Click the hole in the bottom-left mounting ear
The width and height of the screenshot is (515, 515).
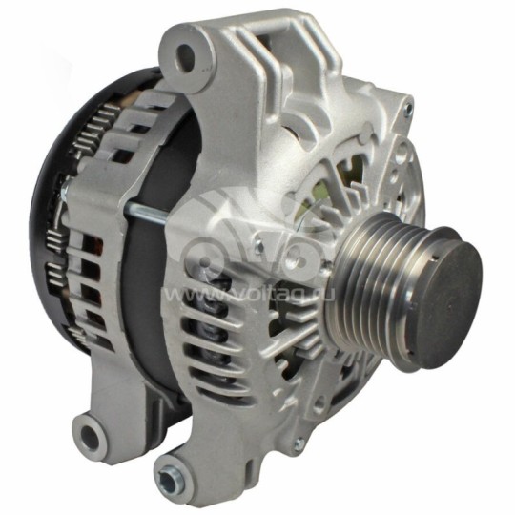[92, 437]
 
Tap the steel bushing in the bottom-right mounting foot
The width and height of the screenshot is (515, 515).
[172, 473]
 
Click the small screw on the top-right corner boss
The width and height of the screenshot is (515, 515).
[407, 113]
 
